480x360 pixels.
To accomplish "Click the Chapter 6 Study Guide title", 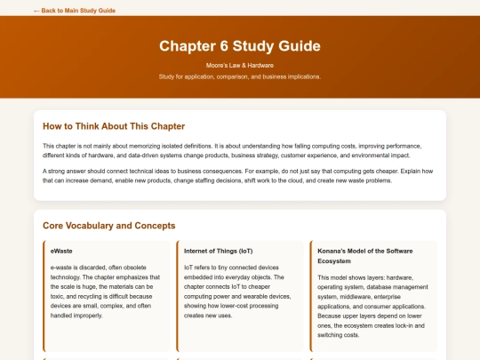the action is pos(240,45).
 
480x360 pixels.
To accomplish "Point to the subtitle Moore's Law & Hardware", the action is pos(240,66).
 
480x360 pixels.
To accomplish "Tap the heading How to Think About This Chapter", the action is pos(114,126).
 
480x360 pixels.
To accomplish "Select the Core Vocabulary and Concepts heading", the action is pos(108,226).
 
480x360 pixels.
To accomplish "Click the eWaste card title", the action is pos(61,251).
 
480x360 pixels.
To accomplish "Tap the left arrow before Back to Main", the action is pos(36,11).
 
